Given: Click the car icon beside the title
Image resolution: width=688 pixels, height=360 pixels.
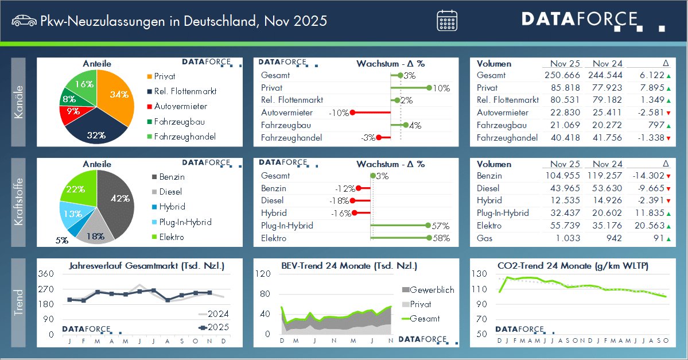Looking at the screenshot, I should coord(23,21).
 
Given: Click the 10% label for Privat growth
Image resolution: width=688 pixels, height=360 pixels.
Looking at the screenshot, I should coord(441,88).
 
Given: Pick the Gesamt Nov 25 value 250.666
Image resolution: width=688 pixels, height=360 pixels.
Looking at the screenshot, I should coord(562,75).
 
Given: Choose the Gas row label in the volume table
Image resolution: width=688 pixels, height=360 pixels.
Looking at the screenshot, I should coord(484,238).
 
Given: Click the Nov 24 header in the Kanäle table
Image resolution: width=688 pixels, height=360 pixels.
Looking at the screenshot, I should coord(608,63).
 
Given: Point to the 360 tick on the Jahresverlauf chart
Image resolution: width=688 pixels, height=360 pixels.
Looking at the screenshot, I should coord(46,274).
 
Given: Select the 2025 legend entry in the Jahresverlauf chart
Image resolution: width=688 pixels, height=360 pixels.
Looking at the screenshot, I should coord(213,327).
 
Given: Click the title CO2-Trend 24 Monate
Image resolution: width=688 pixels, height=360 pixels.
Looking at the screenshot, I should coord(573,266).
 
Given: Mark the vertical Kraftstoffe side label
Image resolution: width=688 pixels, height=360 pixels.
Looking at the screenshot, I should coord(19,202).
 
